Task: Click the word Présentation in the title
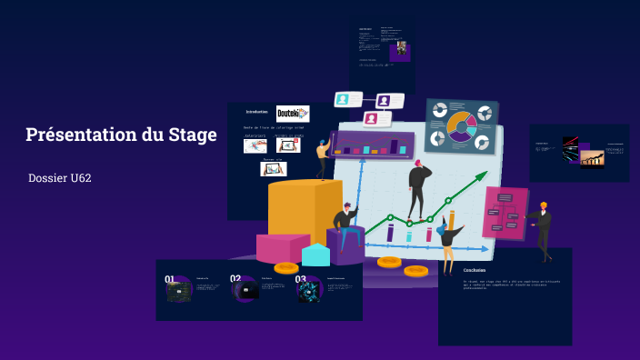(81, 135)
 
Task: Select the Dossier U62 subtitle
(60, 178)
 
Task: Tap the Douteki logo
(293, 114)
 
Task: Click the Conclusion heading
(475, 270)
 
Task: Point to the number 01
(170, 280)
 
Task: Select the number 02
(235, 279)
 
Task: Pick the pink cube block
(282, 247)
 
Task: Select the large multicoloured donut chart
(462, 126)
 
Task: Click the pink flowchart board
(505, 213)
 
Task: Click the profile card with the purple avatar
(384, 100)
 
